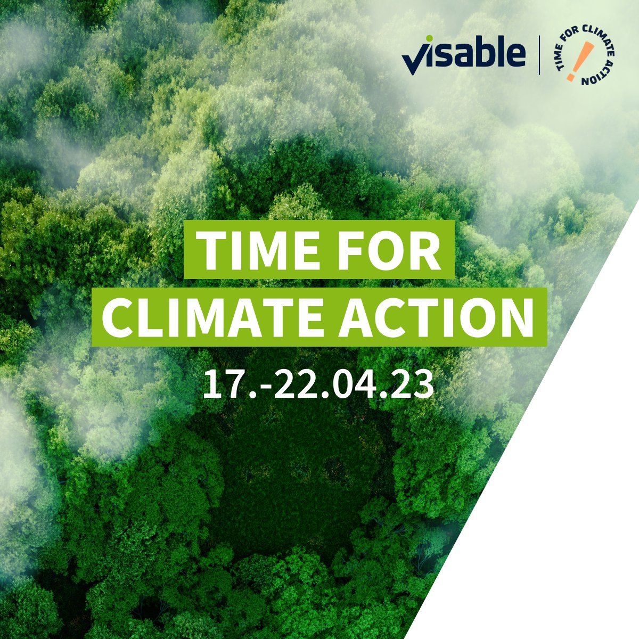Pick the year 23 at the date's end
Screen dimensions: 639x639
[414, 384]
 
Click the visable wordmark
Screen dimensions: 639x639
[464, 55]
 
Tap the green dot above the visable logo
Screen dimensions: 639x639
[429, 39]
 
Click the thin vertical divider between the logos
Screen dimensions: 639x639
[540, 55]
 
